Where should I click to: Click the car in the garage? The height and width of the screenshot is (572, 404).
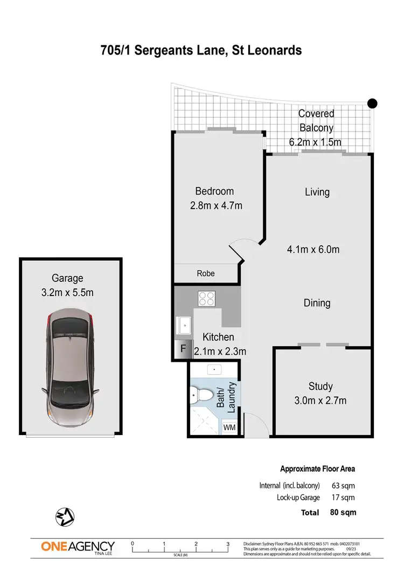(x=71, y=366)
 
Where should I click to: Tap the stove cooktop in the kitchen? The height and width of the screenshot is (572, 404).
(x=207, y=298)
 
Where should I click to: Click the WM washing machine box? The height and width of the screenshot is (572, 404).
(x=229, y=428)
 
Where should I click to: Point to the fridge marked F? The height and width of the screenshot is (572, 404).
(x=183, y=349)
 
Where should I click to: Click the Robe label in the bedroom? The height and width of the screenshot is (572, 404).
(x=205, y=273)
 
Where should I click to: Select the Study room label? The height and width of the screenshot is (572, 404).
(x=320, y=386)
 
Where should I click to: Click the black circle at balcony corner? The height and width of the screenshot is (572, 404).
(x=372, y=104)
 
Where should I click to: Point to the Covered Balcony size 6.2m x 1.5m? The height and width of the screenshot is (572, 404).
(x=315, y=142)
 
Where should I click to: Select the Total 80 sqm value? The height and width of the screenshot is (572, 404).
(x=343, y=512)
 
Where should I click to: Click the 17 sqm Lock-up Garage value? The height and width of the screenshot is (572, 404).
(x=342, y=498)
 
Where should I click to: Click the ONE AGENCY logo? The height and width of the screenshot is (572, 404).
(x=78, y=547)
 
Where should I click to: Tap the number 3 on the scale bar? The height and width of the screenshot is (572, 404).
(x=228, y=544)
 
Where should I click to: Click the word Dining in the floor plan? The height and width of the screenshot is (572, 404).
(x=317, y=303)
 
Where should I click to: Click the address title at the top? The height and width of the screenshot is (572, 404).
(x=201, y=51)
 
